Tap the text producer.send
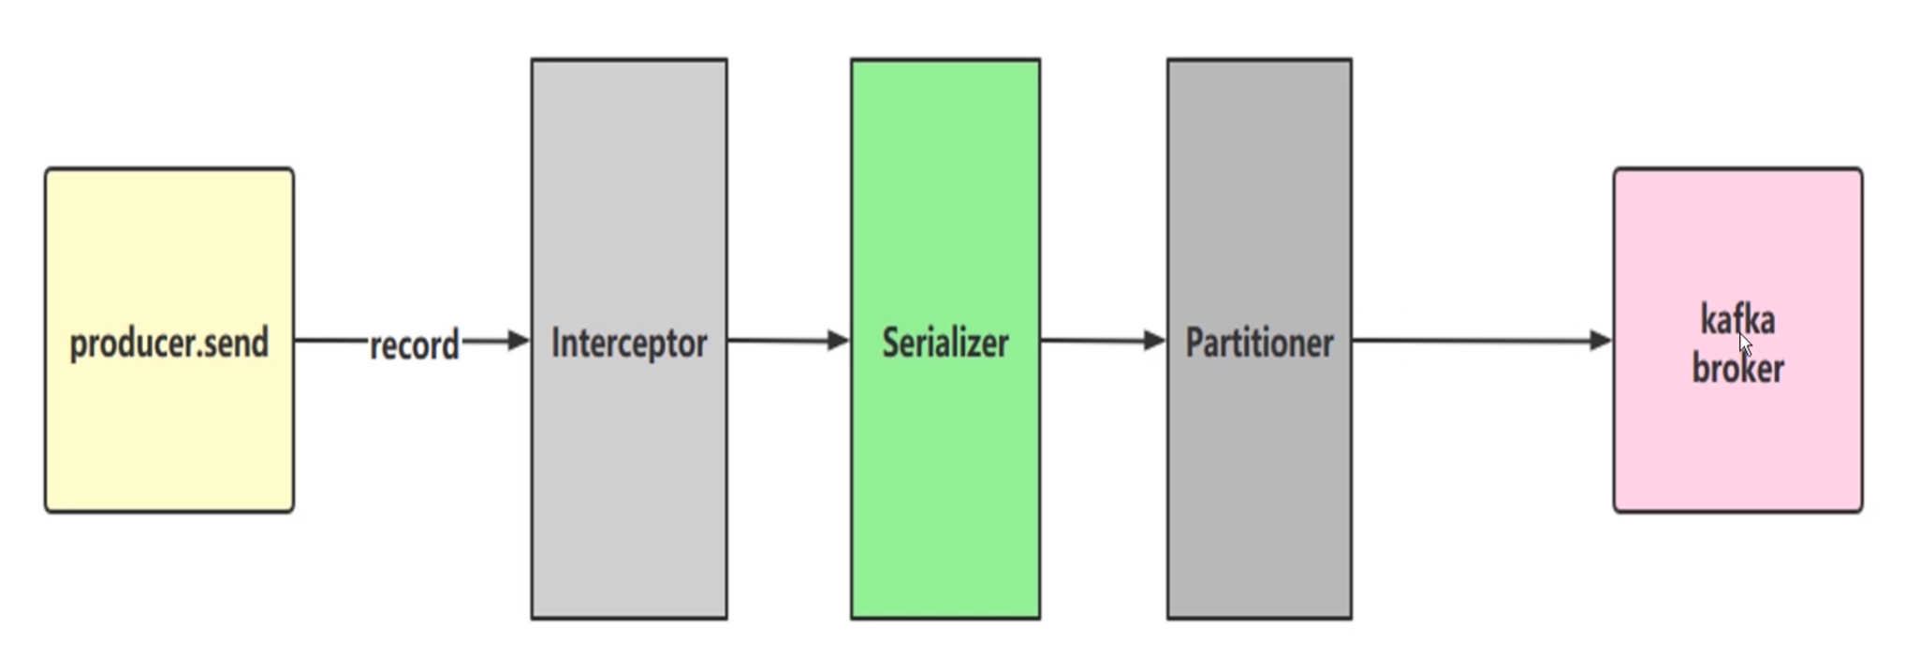169,343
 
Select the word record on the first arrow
415,345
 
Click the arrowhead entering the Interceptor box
519,341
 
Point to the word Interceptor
629,343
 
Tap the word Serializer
945,343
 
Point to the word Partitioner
1259,343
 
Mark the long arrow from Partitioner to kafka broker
1470,341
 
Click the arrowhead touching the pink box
1601,341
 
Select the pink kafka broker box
1737,449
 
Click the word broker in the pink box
1737,369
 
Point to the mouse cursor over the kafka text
1745,343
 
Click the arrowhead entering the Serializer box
838,341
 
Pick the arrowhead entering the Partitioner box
1154,341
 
